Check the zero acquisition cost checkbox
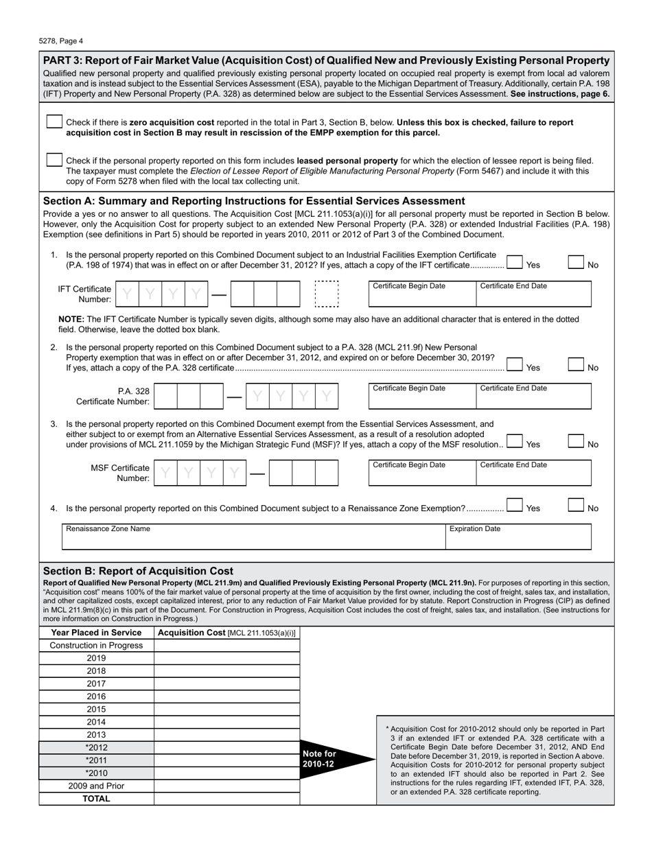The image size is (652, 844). [x=54, y=121]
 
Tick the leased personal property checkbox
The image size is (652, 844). [x=54, y=159]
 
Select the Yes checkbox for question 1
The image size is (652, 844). [x=515, y=262]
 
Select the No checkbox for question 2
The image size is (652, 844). [x=577, y=365]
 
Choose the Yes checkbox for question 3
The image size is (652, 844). [x=515, y=442]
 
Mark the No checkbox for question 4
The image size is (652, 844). [x=577, y=506]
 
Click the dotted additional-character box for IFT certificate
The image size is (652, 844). [x=326, y=294]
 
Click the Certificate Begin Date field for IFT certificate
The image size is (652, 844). [x=421, y=296]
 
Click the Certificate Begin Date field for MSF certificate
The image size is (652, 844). [x=421, y=476]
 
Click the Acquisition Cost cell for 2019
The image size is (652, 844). [x=226, y=658]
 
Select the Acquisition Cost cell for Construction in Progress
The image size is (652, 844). [x=226, y=646]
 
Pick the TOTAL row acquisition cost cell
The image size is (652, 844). [x=226, y=799]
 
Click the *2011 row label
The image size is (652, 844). [x=96, y=760]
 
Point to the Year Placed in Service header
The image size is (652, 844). [x=96, y=633]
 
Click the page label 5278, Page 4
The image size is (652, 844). [x=62, y=40]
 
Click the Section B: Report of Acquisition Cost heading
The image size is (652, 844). [x=138, y=571]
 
